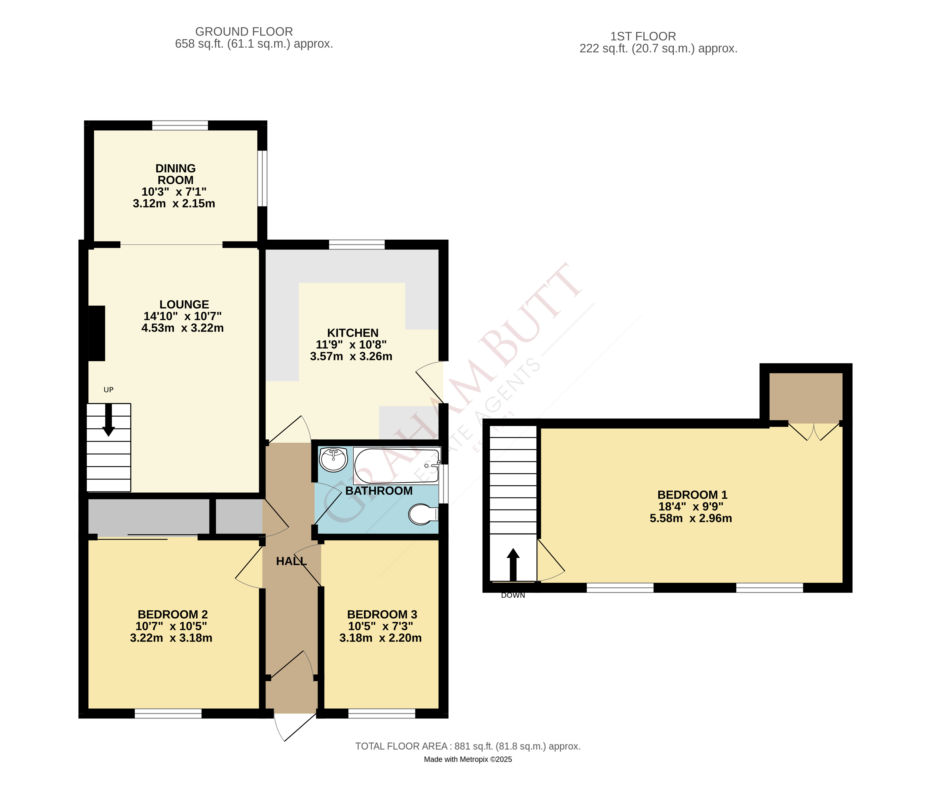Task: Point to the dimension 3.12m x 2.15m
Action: click(x=174, y=204)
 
